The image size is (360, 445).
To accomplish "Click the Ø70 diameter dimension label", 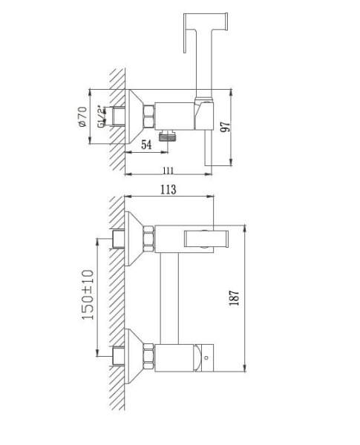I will [x=82, y=117].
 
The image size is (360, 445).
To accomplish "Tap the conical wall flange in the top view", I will [x=134, y=117].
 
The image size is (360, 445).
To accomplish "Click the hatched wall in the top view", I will [x=115, y=119].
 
